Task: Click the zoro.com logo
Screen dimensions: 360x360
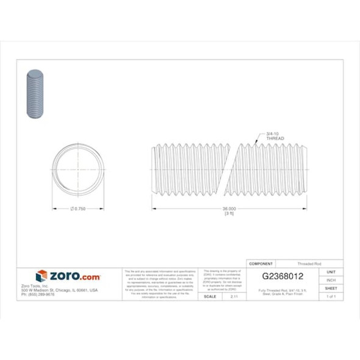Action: coord(68,276)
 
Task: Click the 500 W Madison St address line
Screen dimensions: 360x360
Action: coord(67,290)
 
